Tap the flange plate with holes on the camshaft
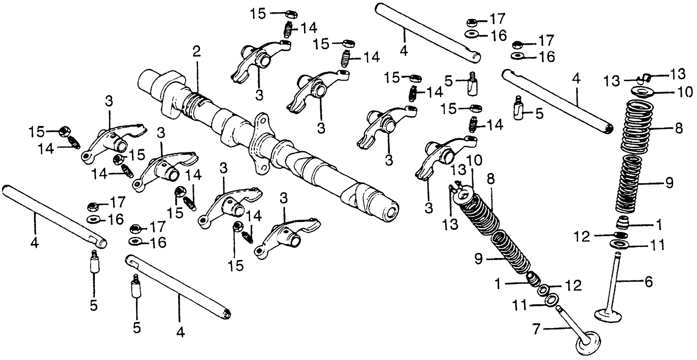pyautogui.click(x=261, y=145)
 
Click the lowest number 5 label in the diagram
pyautogui.click(x=137, y=328)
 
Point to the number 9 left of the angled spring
pyautogui.click(x=478, y=259)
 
